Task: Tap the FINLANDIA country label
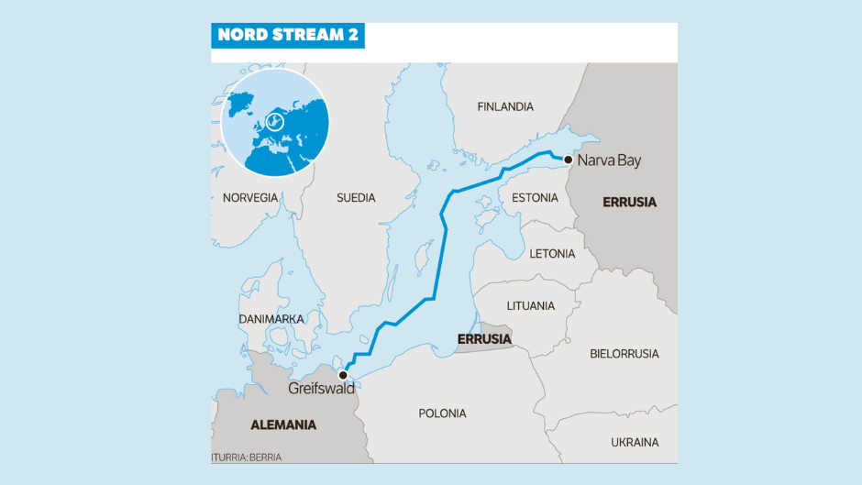tap(504, 107)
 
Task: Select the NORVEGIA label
tap(249, 198)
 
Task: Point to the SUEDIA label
tap(356, 198)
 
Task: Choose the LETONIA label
tap(552, 254)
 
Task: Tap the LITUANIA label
tap(530, 305)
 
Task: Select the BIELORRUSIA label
tap(624, 353)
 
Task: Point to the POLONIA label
tap(442, 413)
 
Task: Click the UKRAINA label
tap(635, 443)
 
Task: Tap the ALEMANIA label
tap(283, 425)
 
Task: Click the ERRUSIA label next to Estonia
tap(629, 202)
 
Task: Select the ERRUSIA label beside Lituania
tap(483, 339)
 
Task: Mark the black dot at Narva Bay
tap(569, 160)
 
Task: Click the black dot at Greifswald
tap(342, 375)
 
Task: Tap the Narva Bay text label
tap(609, 161)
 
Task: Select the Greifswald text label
tap(321, 389)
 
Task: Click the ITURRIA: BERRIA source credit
tap(247, 457)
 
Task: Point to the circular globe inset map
tap(275, 121)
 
